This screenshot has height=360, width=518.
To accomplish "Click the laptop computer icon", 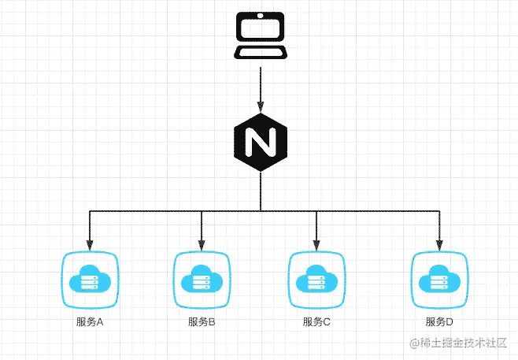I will [261, 37].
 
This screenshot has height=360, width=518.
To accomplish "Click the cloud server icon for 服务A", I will [89, 280].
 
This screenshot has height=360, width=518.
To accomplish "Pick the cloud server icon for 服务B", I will [202, 280].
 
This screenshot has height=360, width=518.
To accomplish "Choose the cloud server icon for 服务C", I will [316, 280].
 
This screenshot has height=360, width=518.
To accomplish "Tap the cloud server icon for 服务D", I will [439, 280].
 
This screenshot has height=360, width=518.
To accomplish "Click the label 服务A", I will [89, 321].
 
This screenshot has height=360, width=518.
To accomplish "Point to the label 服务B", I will [202, 321].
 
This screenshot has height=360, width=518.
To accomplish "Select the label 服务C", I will [316, 321].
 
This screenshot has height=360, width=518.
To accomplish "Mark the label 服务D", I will [439, 321].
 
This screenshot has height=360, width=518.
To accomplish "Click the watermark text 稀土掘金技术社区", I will [463, 343].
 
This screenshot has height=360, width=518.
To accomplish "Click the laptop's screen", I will [261, 30].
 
